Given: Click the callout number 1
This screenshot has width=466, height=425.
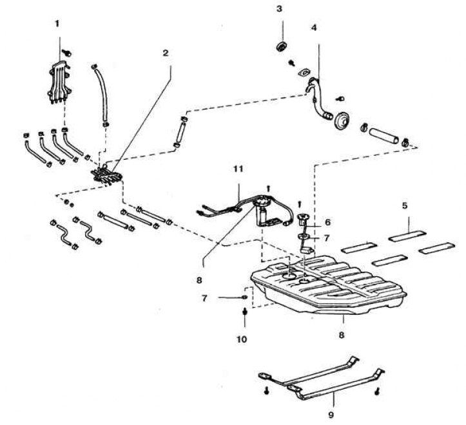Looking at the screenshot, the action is pyautogui.click(x=57, y=24).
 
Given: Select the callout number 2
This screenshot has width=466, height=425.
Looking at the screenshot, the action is pyautogui.click(x=166, y=53).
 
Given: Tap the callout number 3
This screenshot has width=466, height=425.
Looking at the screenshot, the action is pyautogui.click(x=279, y=9).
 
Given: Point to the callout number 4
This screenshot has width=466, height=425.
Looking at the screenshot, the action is pyautogui.click(x=314, y=28).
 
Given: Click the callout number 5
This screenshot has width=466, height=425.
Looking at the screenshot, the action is pyautogui.click(x=405, y=205).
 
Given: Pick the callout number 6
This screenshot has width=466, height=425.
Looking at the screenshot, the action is pyautogui.click(x=327, y=222).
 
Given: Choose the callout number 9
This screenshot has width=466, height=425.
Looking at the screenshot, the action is pyautogui.click(x=331, y=415).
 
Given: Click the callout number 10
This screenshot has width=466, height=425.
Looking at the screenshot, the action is pyautogui.click(x=242, y=339).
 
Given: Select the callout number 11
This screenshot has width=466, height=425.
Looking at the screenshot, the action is pyautogui.click(x=238, y=169).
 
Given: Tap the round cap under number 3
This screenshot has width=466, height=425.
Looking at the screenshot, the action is pyautogui.click(x=281, y=46).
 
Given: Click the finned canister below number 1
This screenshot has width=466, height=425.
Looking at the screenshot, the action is pyautogui.click(x=60, y=82).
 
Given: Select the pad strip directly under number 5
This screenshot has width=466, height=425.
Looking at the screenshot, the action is pyautogui.click(x=407, y=236).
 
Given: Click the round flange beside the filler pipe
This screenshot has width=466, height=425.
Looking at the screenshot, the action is pyautogui.click(x=342, y=120).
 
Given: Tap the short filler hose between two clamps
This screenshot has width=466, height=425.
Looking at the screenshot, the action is pyautogui.click(x=383, y=135).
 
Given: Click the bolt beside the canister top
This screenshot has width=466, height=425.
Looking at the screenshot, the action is pyautogui.click(x=68, y=53).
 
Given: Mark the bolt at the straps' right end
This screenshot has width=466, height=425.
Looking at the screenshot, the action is pyautogui.click(x=377, y=392).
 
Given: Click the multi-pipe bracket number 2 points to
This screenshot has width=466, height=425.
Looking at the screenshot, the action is pyautogui.click(x=107, y=175).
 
